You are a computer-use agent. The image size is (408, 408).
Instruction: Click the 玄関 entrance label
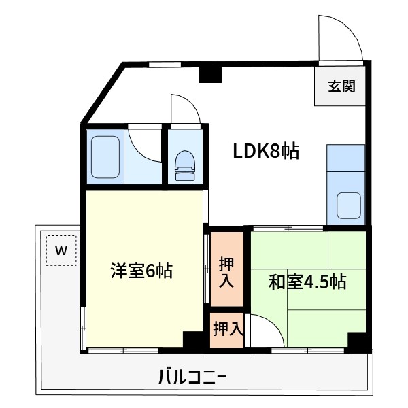[x=341, y=86]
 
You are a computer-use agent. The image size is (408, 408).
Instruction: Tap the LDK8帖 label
[x=266, y=151]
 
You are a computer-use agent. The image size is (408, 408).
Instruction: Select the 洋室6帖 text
[x=142, y=271]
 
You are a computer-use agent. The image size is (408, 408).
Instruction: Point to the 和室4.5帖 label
[x=307, y=282]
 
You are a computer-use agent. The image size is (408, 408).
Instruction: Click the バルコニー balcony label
[x=192, y=377]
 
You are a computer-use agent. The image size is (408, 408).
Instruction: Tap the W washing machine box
[x=61, y=250]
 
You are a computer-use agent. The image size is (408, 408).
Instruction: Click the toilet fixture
[x=185, y=165]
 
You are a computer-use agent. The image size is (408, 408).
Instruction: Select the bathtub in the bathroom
[x=105, y=157]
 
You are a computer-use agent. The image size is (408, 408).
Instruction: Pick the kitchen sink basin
[x=349, y=205]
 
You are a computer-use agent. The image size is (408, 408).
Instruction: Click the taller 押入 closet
[x=227, y=269]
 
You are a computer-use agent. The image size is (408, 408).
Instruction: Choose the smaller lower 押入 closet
[x=227, y=330]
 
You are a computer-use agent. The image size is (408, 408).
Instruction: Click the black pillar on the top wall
[x=210, y=75]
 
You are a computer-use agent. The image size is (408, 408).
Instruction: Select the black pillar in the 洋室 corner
[x=193, y=340]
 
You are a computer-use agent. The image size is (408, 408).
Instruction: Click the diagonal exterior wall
[x=103, y=93]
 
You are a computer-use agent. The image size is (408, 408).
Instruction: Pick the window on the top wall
[x=165, y=65]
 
